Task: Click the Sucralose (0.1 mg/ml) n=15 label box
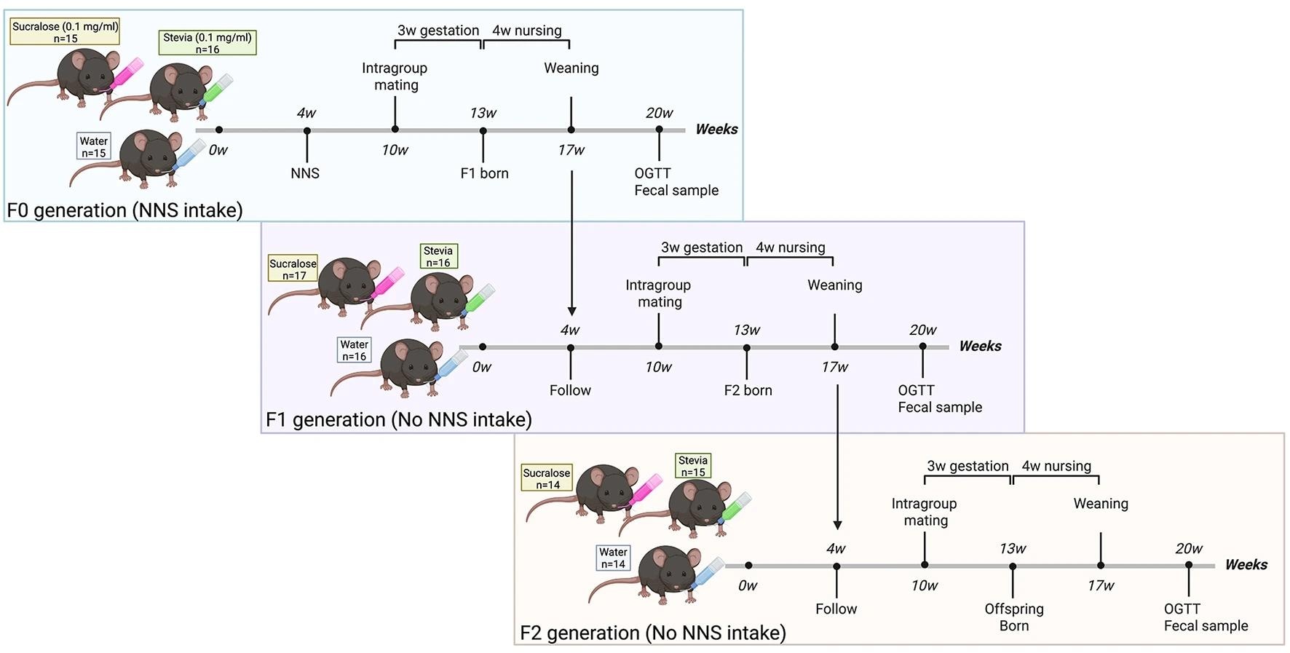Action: pyautogui.click(x=65, y=32)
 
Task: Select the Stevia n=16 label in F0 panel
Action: pyautogui.click(x=207, y=43)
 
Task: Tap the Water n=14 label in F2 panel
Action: pyautogui.click(x=613, y=558)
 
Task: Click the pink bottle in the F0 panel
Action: pyautogui.click(x=124, y=75)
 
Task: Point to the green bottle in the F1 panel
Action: pyautogui.click(x=478, y=298)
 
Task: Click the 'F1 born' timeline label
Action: pyautogui.click(x=484, y=173)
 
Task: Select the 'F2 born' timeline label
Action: pyautogui.click(x=748, y=390)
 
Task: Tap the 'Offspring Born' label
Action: pyautogui.click(x=1013, y=617)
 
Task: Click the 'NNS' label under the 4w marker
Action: pyautogui.click(x=305, y=173)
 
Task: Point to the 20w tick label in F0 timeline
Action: pyautogui.click(x=659, y=113)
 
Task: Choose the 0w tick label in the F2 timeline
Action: pyautogui.click(x=748, y=585)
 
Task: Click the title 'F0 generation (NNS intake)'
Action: pyautogui.click(x=124, y=210)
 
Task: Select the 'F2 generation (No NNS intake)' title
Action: pyautogui.click(x=652, y=633)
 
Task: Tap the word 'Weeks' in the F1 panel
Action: pyautogui.click(x=980, y=346)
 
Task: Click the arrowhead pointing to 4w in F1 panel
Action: pyautogui.click(x=571, y=310)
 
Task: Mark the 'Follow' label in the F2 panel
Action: pyautogui.click(x=836, y=609)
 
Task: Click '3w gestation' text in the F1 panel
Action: pyautogui.click(x=702, y=248)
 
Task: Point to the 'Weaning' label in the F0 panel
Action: pyautogui.click(x=571, y=68)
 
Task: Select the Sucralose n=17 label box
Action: pyautogui.click(x=293, y=269)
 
